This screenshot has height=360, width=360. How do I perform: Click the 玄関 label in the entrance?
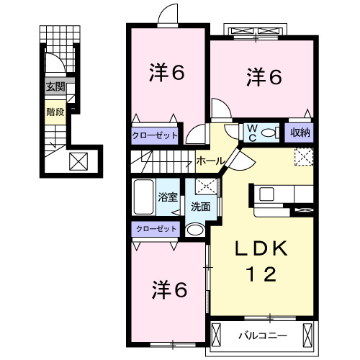(x=55, y=87)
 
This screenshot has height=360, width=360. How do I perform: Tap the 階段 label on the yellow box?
(x=55, y=112)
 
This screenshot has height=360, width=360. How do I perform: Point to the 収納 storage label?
(x=300, y=132)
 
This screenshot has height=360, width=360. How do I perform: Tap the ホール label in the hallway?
(x=210, y=161)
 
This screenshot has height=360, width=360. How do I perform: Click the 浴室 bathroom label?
(x=168, y=197)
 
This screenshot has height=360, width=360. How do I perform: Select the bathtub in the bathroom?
(x=143, y=197)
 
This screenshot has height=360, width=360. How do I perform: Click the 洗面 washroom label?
(x=201, y=207)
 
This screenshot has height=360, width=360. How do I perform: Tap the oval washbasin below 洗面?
(x=195, y=230)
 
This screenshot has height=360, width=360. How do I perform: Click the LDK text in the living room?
(x=261, y=248)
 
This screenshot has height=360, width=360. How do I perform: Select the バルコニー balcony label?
(x=263, y=336)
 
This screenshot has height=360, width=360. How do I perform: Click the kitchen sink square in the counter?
(x=266, y=194)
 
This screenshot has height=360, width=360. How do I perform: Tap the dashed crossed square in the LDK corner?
(x=304, y=157)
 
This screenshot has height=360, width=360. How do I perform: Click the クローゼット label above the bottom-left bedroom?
(x=156, y=229)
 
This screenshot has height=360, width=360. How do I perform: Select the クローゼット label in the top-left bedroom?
(x=155, y=135)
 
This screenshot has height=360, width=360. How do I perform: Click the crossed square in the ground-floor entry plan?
(x=78, y=161)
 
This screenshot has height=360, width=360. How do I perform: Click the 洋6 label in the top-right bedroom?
(x=264, y=77)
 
